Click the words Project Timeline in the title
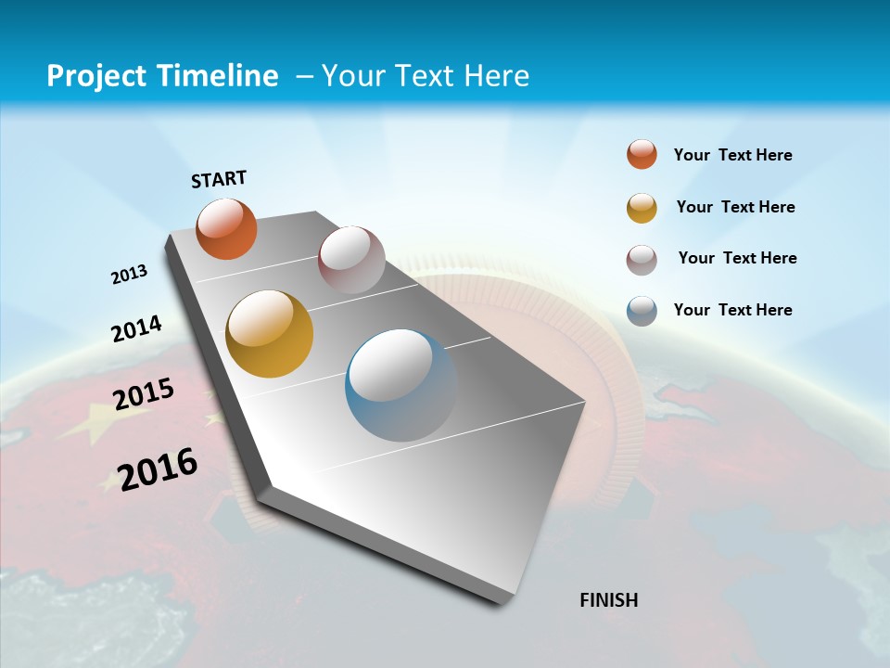[162, 76]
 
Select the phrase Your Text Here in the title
[426, 76]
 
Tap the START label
[219, 179]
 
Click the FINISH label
[609, 600]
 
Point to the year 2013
[130, 275]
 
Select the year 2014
[137, 328]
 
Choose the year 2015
[144, 394]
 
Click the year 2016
[158, 469]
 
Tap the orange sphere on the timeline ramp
[226, 229]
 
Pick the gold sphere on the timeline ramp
[270, 334]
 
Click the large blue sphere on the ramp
[401, 385]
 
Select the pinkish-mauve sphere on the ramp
[351, 259]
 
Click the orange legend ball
[642, 155]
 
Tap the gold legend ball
[642, 208]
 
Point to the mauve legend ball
[642, 260]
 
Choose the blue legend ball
[642, 311]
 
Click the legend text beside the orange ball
[732, 155]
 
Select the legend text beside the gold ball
[735, 207]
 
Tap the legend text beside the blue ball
[732, 310]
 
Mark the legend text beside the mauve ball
[737, 258]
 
